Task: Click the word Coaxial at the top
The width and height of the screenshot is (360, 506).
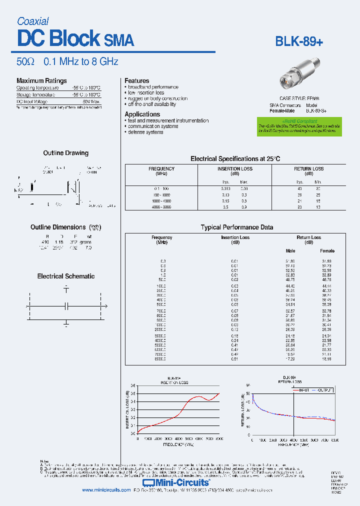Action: pos(32,21)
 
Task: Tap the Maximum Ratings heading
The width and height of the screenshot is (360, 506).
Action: pos(41,80)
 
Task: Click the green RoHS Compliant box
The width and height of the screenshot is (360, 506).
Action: pos(299,127)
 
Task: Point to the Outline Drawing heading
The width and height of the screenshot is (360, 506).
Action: pos(65,153)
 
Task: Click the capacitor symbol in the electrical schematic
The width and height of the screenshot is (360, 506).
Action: pos(66,305)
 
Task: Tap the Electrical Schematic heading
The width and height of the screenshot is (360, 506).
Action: pos(65,276)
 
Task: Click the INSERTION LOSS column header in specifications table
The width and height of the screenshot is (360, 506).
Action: pos(235,169)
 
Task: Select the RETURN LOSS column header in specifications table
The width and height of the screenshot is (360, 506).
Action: pos(308,169)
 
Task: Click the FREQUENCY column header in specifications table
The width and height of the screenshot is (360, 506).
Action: pos(161,169)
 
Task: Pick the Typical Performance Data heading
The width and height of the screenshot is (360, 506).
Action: pos(236,227)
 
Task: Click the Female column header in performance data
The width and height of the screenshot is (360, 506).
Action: pos(327,250)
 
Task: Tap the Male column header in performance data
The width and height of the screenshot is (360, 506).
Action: pos(290,250)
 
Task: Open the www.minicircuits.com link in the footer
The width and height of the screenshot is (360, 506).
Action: pos(106,490)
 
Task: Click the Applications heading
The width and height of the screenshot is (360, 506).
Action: pos(142,114)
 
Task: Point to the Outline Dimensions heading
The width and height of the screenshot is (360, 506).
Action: pos(59,227)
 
